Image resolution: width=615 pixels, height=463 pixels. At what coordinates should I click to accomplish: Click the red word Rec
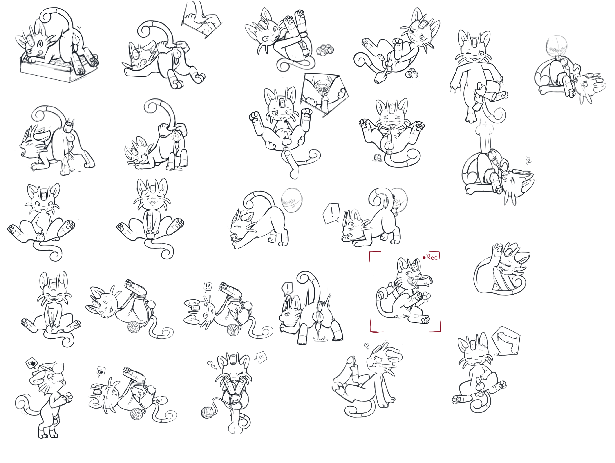[x=432, y=257]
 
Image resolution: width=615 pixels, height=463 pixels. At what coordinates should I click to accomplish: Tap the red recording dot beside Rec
[x=424, y=258]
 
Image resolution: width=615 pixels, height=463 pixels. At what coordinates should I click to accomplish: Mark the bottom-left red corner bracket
[x=374, y=328]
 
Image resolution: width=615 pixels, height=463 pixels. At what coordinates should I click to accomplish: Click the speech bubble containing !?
[x=208, y=286]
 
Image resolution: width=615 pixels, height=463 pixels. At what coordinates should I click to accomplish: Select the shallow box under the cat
[x=58, y=68]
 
